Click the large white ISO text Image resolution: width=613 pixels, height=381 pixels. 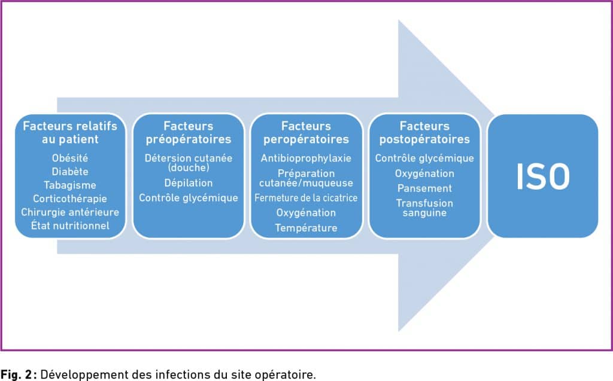542,176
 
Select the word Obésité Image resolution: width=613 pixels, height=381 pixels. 70,158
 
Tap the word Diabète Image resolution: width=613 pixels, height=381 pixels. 70,172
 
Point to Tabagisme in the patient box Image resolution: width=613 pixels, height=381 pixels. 70,185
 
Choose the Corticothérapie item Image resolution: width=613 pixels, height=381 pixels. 70,199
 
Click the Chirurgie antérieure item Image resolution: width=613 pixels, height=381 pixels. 70,212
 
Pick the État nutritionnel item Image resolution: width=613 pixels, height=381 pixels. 70,225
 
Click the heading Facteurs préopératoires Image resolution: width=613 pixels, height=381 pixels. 189,132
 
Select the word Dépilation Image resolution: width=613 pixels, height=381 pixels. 189,183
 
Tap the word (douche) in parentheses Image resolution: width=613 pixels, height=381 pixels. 189,167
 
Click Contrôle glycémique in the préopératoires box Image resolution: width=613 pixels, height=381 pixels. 189,198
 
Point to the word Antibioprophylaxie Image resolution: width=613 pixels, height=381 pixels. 306,159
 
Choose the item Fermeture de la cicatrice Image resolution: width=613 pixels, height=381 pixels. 306,198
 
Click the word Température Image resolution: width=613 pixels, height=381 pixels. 306,228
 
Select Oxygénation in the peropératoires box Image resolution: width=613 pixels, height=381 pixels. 306,212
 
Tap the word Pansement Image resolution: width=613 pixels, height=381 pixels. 424,188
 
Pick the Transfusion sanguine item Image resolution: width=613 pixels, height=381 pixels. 424,208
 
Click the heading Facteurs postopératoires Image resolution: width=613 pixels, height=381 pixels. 424,132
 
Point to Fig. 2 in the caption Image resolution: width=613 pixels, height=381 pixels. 16,374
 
